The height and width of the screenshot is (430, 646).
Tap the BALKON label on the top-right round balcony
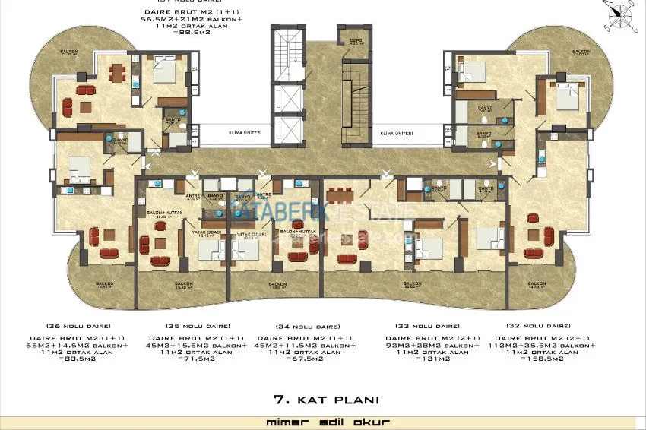(x=581, y=52)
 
